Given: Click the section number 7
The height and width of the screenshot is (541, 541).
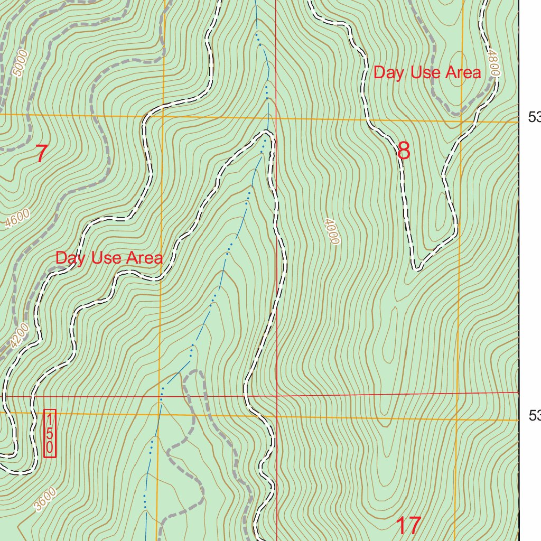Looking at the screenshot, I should coord(41,154).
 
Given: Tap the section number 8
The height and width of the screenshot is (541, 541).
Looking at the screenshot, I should coord(404,151).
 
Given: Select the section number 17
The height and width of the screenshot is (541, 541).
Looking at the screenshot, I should coord(408,526).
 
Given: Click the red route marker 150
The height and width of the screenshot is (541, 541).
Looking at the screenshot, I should coord(50,433).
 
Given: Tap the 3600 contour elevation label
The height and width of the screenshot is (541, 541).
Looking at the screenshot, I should coord(44,499).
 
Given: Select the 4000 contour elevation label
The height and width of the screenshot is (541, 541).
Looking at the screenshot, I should coord(332,231).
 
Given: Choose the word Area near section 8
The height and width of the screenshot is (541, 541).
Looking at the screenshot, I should coord(463,73).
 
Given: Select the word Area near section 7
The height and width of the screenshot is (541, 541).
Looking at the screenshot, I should coord(144,258).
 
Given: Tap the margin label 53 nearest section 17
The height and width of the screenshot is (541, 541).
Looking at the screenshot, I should coord(534,416).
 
